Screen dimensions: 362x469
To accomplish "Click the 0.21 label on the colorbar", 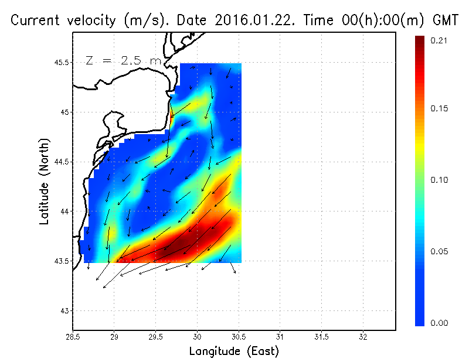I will click(x=439, y=40).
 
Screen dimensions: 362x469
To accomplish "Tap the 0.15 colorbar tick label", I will click(x=439, y=108).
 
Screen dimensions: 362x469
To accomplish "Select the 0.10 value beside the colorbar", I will click(x=439, y=180).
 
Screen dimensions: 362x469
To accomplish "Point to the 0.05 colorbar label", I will click(x=439, y=251).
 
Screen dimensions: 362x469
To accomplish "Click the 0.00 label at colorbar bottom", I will click(x=439, y=323).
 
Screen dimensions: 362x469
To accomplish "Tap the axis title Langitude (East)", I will click(x=234, y=351).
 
